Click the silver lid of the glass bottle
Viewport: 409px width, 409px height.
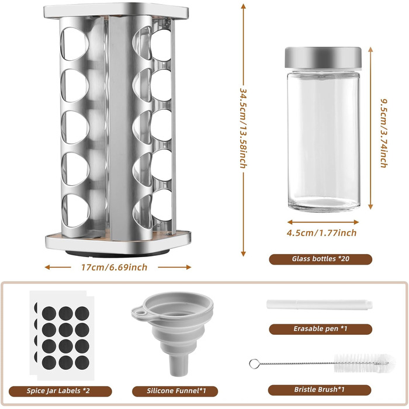click(323, 58)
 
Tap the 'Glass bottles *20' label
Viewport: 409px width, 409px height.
click(320, 259)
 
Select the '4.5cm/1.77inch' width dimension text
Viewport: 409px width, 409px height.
click(321, 233)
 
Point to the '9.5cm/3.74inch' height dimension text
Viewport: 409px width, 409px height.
click(383, 133)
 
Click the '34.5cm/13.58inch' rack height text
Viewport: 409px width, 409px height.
click(243, 128)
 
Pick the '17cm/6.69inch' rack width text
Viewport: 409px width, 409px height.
click(115, 268)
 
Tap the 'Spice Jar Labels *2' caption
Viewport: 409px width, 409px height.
click(58, 391)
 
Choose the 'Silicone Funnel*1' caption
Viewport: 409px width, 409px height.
click(176, 391)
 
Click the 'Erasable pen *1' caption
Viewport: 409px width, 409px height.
click(320, 328)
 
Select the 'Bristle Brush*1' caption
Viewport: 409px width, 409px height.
click(319, 390)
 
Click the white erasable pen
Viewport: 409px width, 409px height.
click(319, 304)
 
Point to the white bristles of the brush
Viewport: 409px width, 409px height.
click(364, 363)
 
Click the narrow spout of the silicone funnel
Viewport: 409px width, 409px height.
click(179, 366)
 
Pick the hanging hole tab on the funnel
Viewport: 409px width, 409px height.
click(140, 311)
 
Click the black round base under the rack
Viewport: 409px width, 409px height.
click(117, 253)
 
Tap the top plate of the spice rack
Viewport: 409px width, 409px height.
click(116, 11)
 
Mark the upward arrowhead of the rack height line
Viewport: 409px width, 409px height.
click(244, 6)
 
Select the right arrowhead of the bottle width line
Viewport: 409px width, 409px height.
click(356, 222)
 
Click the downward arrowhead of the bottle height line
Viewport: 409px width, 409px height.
click(370, 207)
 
